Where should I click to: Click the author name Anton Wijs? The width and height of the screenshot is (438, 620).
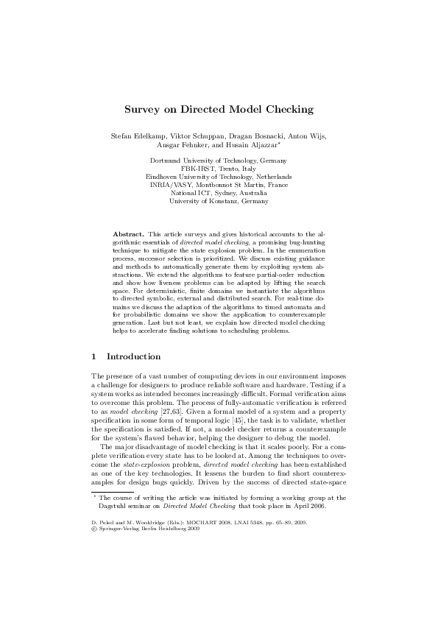pyautogui.click(x=308, y=136)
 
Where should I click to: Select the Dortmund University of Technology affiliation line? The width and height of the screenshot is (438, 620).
pyautogui.click(x=219, y=161)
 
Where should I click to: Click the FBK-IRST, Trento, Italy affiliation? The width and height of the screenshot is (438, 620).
pyautogui.click(x=219, y=169)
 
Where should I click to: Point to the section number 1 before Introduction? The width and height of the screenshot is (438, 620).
pyautogui.click(x=94, y=356)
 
